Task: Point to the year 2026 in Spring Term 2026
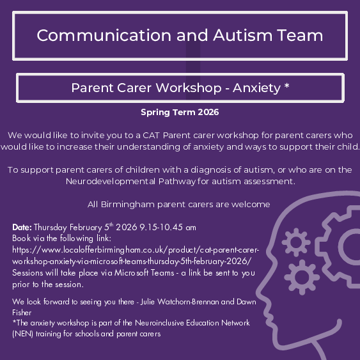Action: [x=207, y=112]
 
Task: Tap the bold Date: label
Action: [x=22, y=227]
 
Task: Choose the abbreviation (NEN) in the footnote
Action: [x=24, y=334]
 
